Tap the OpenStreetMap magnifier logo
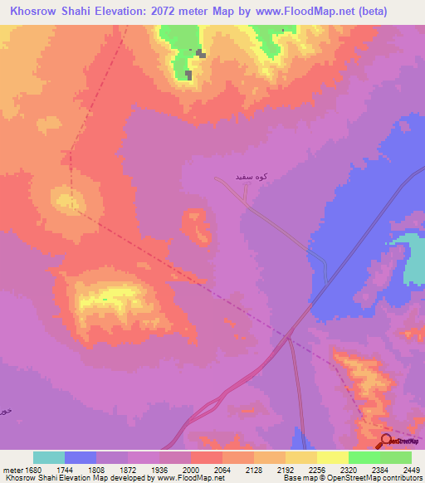tap(386, 441)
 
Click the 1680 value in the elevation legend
tap(32, 469)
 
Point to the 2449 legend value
tap(412, 469)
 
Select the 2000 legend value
tap(191, 469)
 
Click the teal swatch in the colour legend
tap(49, 457)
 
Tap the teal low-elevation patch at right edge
tap(413, 261)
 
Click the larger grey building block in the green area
tap(188, 76)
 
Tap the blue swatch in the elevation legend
tap(81, 457)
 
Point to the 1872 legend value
tap(128, 469)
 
